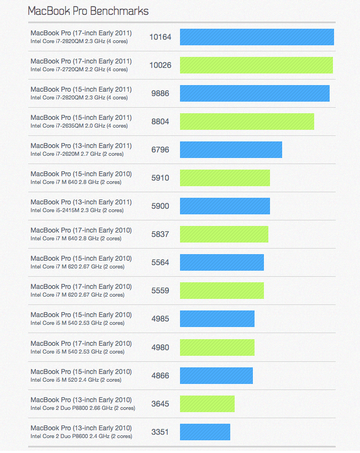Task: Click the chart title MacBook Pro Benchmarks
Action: [88, 10]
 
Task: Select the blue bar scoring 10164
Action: [257, 37]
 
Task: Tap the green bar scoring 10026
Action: [256, 65]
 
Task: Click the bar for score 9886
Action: [255, 93]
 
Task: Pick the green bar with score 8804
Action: [247, 122]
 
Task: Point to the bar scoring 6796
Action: [231, 150]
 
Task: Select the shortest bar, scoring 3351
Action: [205, 432]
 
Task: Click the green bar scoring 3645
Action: [207, 404]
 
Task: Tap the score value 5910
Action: [160, 178]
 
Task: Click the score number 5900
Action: [160, 206]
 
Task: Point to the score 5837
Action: [160, 234]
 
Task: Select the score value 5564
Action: [160, 262]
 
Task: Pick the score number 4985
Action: [160, 319]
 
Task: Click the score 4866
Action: [160, 376]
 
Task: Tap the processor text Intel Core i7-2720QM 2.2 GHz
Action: [79, 70]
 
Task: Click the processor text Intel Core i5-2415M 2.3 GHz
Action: [77, 210]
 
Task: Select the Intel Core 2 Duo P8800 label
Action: [82, 408]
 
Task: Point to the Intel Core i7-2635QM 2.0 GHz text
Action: [79, 126]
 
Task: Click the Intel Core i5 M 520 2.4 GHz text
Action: [76, 380]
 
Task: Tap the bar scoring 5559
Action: [221, 291]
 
